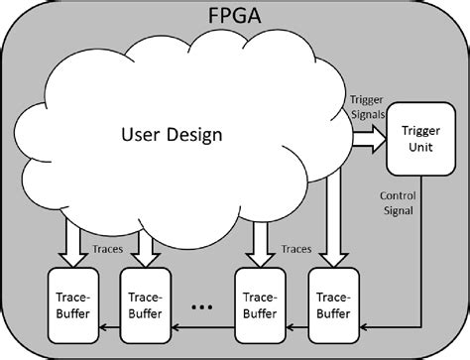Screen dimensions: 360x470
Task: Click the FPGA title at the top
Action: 235,17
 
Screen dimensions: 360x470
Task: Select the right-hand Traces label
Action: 296,249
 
